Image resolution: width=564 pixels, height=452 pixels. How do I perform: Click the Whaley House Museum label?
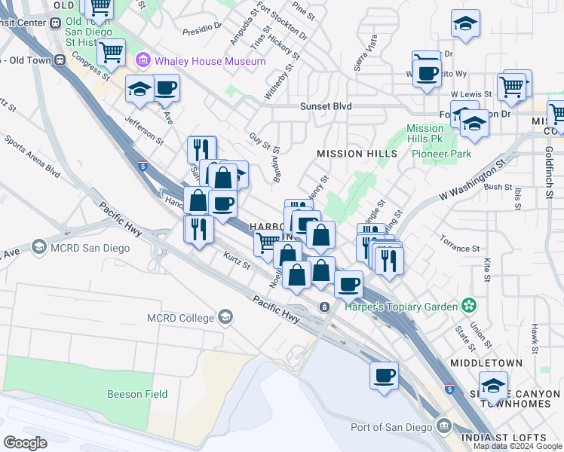(x=210, y=61)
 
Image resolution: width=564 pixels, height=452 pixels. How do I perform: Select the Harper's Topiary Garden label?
(x=401, y=307)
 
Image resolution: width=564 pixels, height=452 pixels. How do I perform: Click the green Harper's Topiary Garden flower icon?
(x=469, y=306)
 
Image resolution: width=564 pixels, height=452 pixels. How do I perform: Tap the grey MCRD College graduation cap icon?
(x=224, y=317)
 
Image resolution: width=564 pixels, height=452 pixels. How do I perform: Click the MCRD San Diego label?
(x=96, y=246)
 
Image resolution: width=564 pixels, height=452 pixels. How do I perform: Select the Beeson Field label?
(x=137, y=394)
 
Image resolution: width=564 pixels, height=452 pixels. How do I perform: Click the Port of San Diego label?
(x=391, y=427)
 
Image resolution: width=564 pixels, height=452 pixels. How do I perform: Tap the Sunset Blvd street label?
(x=326, y=107)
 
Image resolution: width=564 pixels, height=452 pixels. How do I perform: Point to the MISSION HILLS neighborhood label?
(x=357, y=154)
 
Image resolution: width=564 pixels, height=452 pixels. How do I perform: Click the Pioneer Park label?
(x=441, y=154)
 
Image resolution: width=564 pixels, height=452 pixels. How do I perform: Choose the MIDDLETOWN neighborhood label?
(x=486, y=363)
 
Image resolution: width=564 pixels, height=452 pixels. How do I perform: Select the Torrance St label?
(x=461, y=248)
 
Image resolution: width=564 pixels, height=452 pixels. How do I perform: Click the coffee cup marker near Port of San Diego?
(x=384, y=375)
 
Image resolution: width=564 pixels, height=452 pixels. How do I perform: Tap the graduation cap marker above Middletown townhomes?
(x=493, y=387)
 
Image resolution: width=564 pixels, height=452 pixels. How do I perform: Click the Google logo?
(x=26, y=443)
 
